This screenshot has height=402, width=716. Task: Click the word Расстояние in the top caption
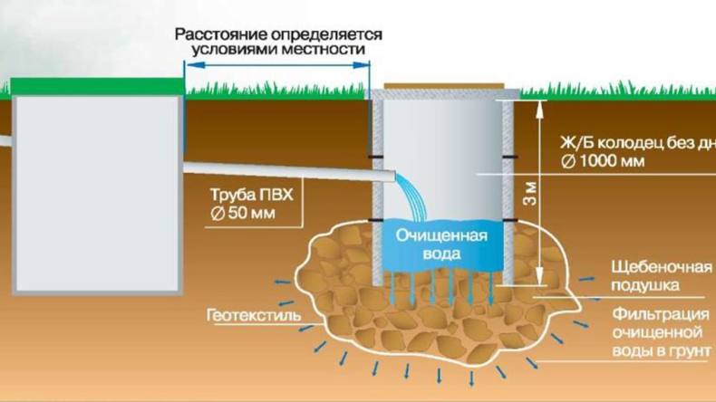pyautogui.click(x=215, y=33)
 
